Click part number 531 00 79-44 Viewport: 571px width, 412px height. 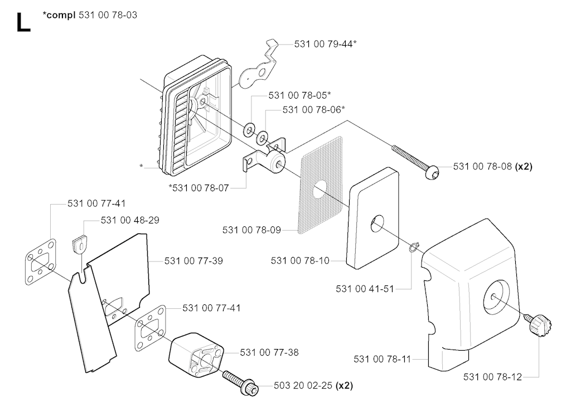(326, 43)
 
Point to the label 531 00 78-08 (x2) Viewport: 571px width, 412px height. (492, 166)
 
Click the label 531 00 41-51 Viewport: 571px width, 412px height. (365, 289)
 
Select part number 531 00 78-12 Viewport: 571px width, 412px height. (492, 377)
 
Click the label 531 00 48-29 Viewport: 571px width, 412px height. (130, 221)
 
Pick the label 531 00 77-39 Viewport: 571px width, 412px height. (193, 260)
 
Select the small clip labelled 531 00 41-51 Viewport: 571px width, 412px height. (412, 247)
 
